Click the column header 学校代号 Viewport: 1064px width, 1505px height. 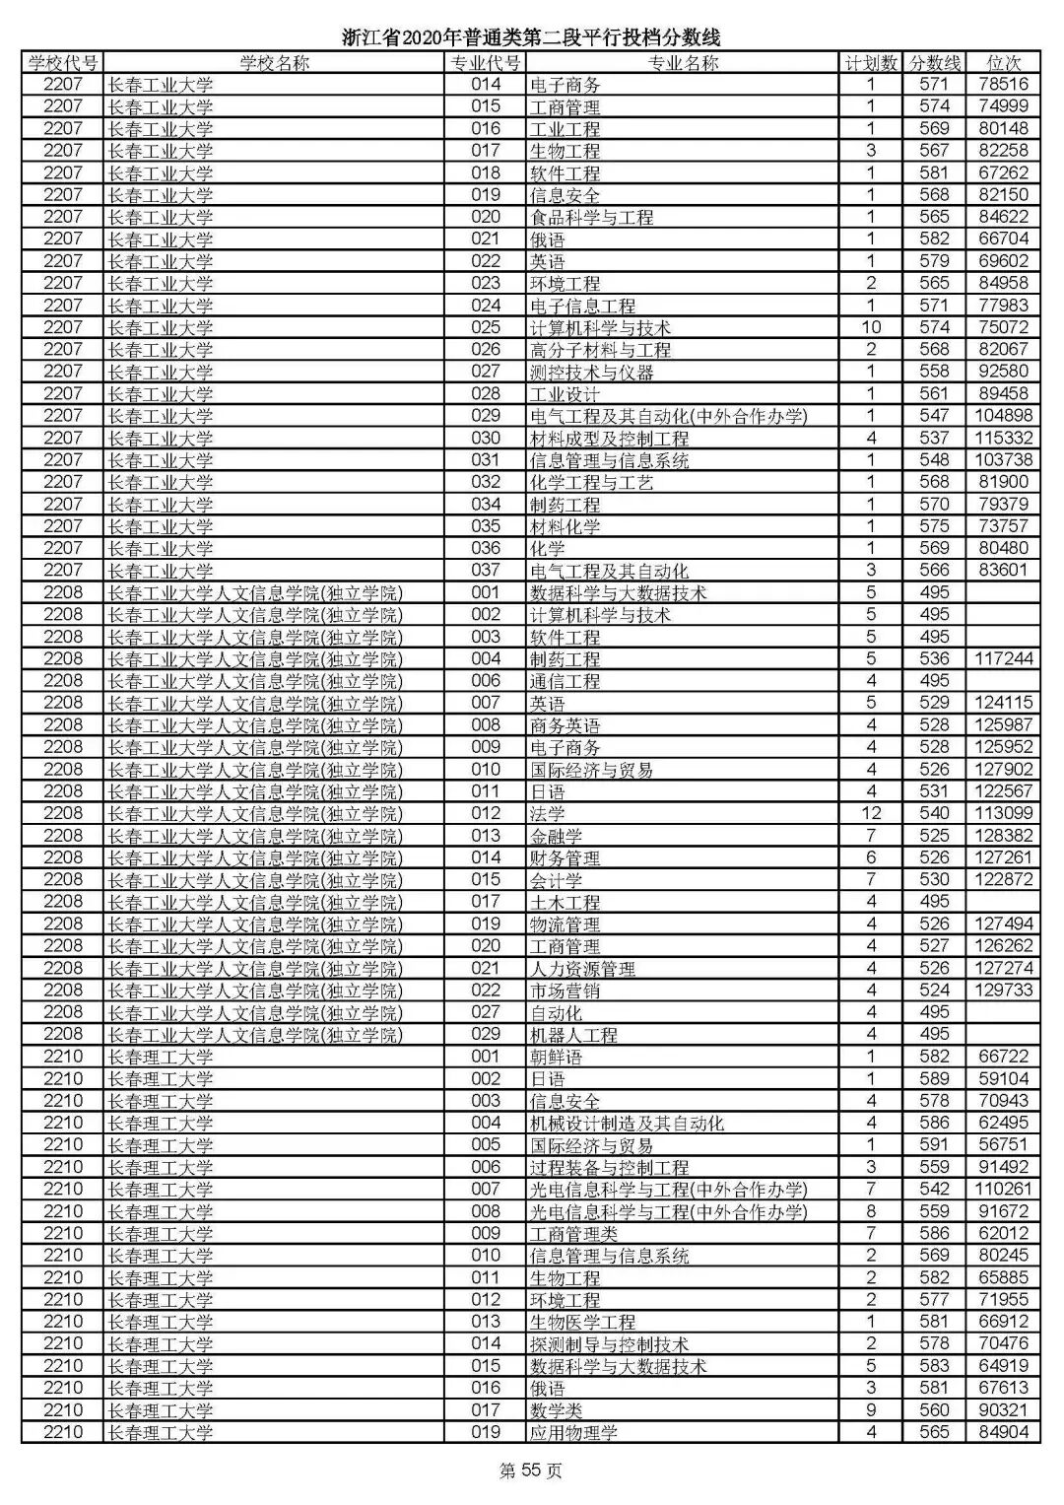click(63, 63)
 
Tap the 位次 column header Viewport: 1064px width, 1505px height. click(1003, 63)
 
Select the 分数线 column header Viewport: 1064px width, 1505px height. click(933, 63)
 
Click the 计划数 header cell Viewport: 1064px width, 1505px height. click(871, 63)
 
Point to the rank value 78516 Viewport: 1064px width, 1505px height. click(1003, 85)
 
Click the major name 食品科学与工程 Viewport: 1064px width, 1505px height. click(591, 217)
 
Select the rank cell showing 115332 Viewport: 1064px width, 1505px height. click(1003, 438)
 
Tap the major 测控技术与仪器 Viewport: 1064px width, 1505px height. click(591, 372)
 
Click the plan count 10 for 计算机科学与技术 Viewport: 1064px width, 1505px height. click(871, 327)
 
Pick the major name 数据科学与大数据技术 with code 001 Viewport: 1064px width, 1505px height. click(618, 592)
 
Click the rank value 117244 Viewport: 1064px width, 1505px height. click(1003, 658)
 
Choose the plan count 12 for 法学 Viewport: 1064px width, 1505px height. click(871, 813)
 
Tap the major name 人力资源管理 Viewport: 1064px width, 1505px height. click(582, 968)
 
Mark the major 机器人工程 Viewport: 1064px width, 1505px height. click(573, 1034)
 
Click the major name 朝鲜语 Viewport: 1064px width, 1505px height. click(556, 1057)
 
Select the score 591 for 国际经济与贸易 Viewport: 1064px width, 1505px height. click(933, 1144)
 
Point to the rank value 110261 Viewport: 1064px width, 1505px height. click(1003, 1189)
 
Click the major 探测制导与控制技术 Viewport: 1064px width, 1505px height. click(609, 1343)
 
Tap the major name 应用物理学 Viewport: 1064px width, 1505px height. click(573, 1432)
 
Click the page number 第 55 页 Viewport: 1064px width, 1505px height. click(531, 1471)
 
